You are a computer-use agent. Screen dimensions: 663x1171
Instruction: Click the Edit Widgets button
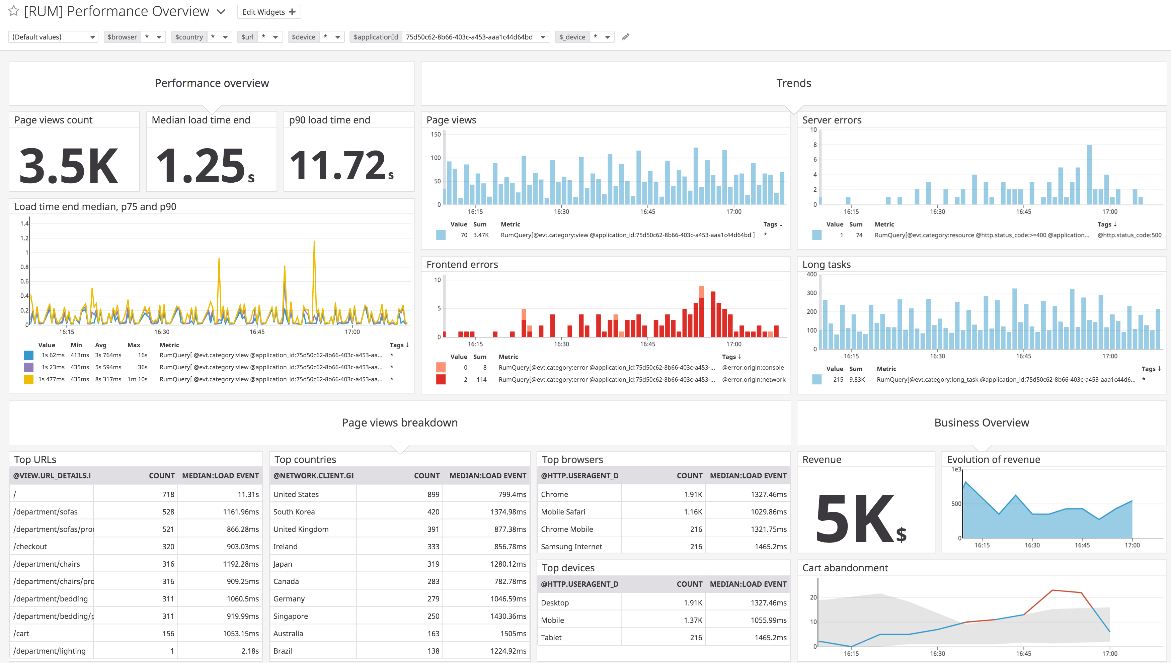pyautogui.click(x=268, y=12)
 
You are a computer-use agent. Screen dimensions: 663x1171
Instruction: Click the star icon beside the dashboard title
pyautogui.click(x=14, y=11)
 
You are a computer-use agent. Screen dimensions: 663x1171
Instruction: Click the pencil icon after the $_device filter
pyautogui.click(x=626, y=37)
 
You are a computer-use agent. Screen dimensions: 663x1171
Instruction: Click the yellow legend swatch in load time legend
pyautogui.click(x=29, y=379)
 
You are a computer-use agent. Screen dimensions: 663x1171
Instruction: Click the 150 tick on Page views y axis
pyautogui.click(x=436, y=134)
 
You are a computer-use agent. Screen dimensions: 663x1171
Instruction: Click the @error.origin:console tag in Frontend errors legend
pyautogui.click(x=753, y=368)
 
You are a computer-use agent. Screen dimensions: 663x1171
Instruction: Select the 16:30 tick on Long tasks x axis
pyautogui.click(x=937, y=356)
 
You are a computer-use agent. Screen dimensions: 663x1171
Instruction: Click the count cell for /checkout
pyautogui.click(x=168, y=547)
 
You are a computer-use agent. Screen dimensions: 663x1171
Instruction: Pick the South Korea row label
pyautogui.click(x=294, y=512)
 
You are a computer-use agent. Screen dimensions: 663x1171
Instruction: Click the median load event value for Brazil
pyautogui.click(x=508, y=651)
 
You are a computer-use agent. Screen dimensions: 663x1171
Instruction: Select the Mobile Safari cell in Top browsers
pyautogui.click(x=563, y=512)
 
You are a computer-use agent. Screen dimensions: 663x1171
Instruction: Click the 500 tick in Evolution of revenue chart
pyautogui.click(x=956, y=504)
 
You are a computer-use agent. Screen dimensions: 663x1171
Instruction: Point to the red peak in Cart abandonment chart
pyautogui.click(x=1053, y=591)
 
